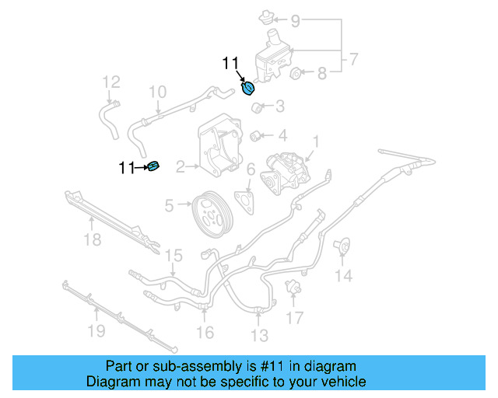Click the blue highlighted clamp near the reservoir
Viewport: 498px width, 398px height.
point(248,89)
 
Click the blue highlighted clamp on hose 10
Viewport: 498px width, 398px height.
point(153,166)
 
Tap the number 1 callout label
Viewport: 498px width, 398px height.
point(316,141)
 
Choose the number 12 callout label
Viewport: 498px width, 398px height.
point(111,82)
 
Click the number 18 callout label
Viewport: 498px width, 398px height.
point(92,240)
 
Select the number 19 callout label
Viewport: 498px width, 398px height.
point(95,333)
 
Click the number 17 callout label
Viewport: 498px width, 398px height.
point(294,318)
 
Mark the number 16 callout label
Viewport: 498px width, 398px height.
point(204,333)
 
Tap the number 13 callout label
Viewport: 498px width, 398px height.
point(259,336)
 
